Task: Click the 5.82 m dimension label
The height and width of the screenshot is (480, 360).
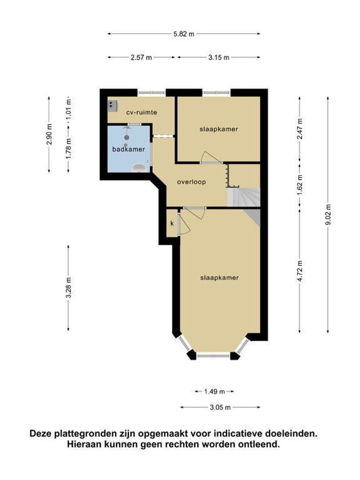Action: tap(184, 34)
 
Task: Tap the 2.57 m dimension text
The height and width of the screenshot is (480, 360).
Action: tap(141, 57)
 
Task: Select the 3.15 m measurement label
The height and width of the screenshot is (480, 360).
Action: tap(219, 57)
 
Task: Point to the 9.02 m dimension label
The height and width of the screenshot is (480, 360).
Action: tap(328, 214)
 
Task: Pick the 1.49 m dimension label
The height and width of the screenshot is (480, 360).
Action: tap(215, 392)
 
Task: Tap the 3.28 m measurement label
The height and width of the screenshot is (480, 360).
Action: tap(68, 288)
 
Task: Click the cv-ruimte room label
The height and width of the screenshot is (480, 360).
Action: tap(142, 112)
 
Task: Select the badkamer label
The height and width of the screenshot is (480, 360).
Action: tap(128, 149)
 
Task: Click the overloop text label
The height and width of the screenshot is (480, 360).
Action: tap(191, 182)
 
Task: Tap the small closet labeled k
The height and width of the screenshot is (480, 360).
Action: tap(172, 224)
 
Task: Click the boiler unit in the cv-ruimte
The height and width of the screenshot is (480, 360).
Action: tap(112, 105)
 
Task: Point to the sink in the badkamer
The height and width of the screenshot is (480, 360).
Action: tap(140, 168)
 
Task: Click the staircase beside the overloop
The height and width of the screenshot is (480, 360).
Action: tap(244, 197)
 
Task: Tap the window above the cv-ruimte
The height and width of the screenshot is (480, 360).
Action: tap(152, 92)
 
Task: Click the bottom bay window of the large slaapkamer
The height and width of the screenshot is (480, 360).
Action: tap(214, 356)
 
